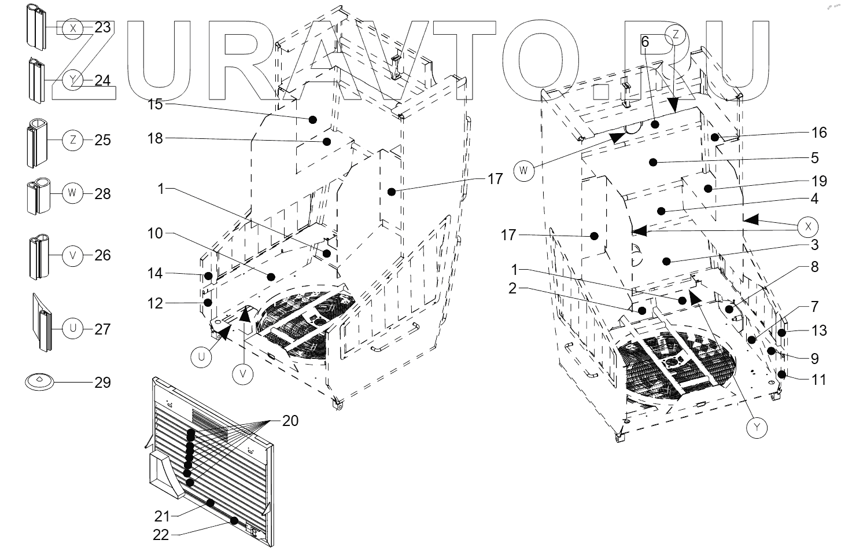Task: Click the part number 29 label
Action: (102, 383)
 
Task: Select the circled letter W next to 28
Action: (72, 193)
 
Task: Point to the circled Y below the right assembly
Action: (757, 428)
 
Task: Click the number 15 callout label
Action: (155, 105)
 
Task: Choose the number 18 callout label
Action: (155, 138)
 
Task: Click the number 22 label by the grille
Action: (161, 535)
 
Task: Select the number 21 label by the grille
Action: (162, 515)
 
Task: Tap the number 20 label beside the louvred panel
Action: (290, 421)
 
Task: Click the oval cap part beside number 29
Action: (39, 381)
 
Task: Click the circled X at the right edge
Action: (807, 227)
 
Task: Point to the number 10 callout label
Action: (155, 233)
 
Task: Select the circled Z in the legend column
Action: (72, 140)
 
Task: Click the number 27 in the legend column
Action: (102, 329)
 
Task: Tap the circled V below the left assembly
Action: (243, 375)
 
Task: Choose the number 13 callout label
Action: (819, 330)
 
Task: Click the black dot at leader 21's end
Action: (212, 504)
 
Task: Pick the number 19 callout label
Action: (819, 181)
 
